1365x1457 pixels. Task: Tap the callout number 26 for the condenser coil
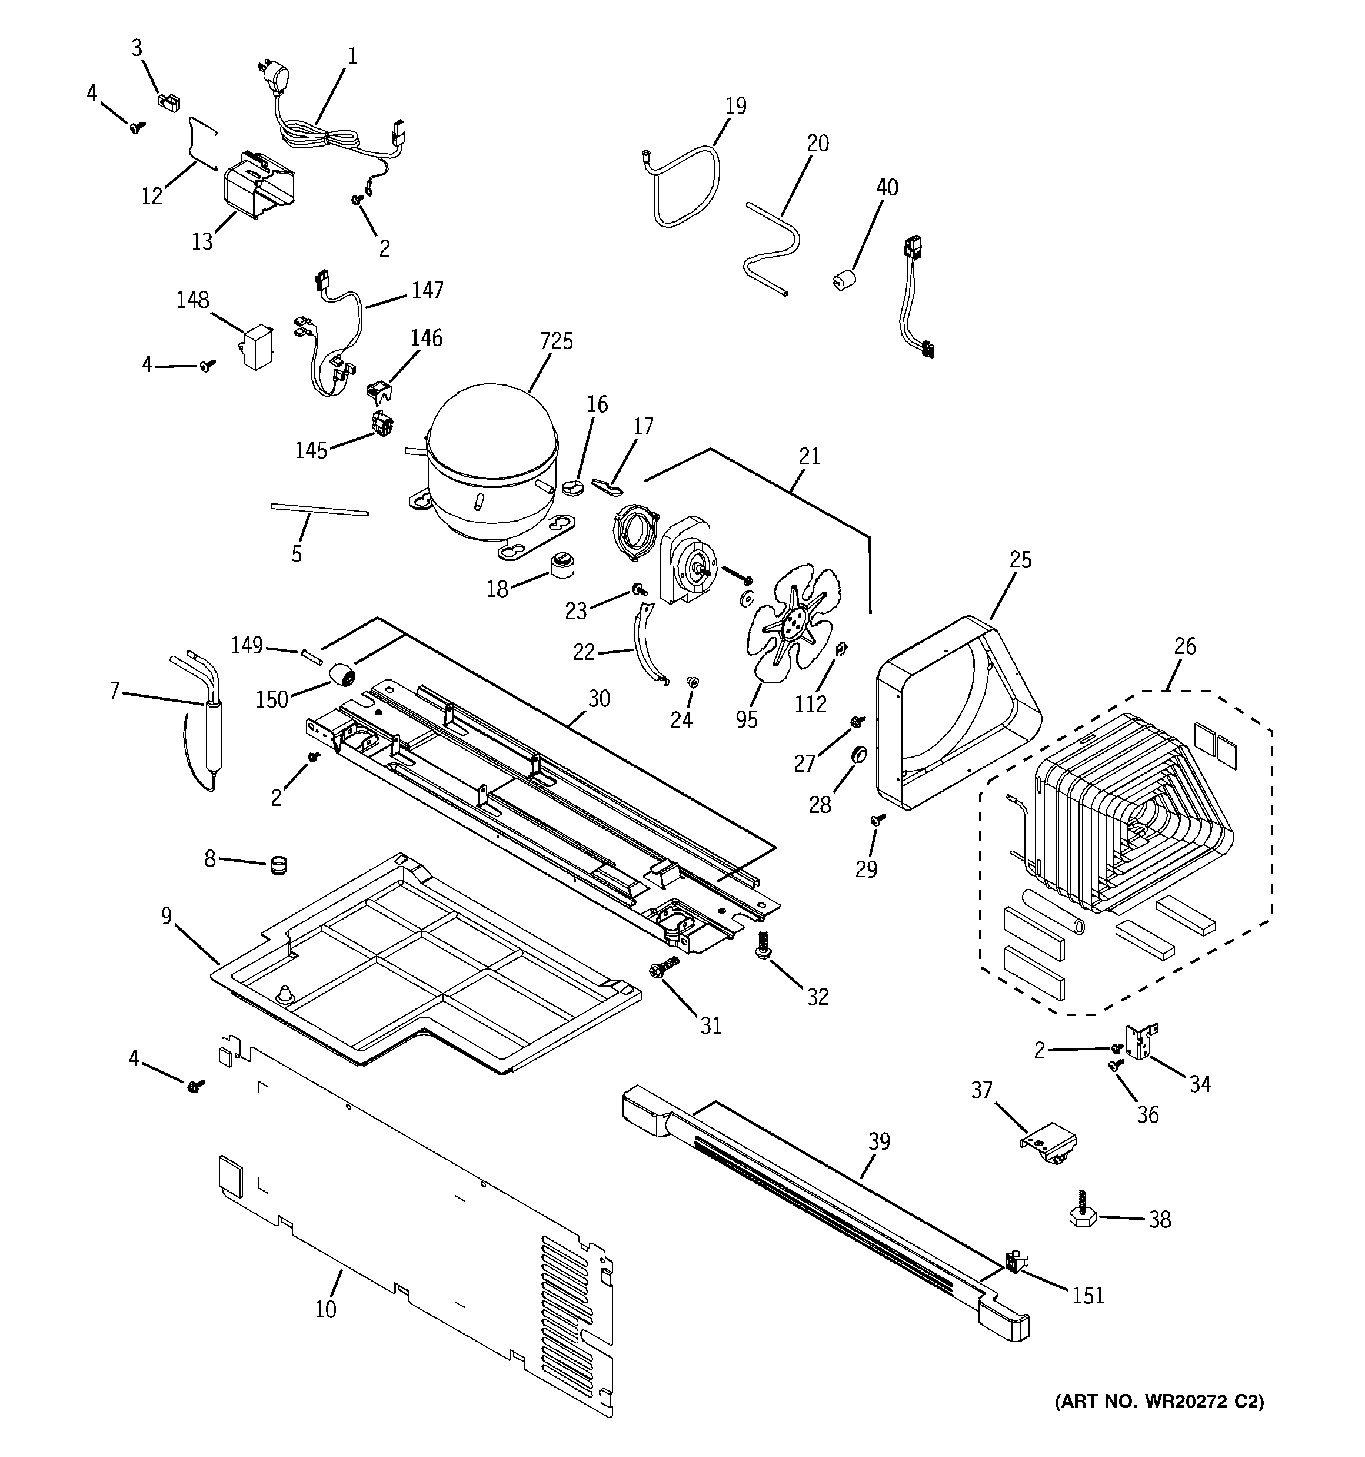pyautogui.click(x=1184, y=646)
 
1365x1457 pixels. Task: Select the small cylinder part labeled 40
pyautogui.click(x=845, y=281)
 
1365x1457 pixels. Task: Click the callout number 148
pyautogui.click(x=193, y=300)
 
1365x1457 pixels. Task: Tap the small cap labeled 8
pyautogui.click(x=278, y=864)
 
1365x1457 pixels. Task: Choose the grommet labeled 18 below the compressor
pyautogui.click(x=562, y=565)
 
